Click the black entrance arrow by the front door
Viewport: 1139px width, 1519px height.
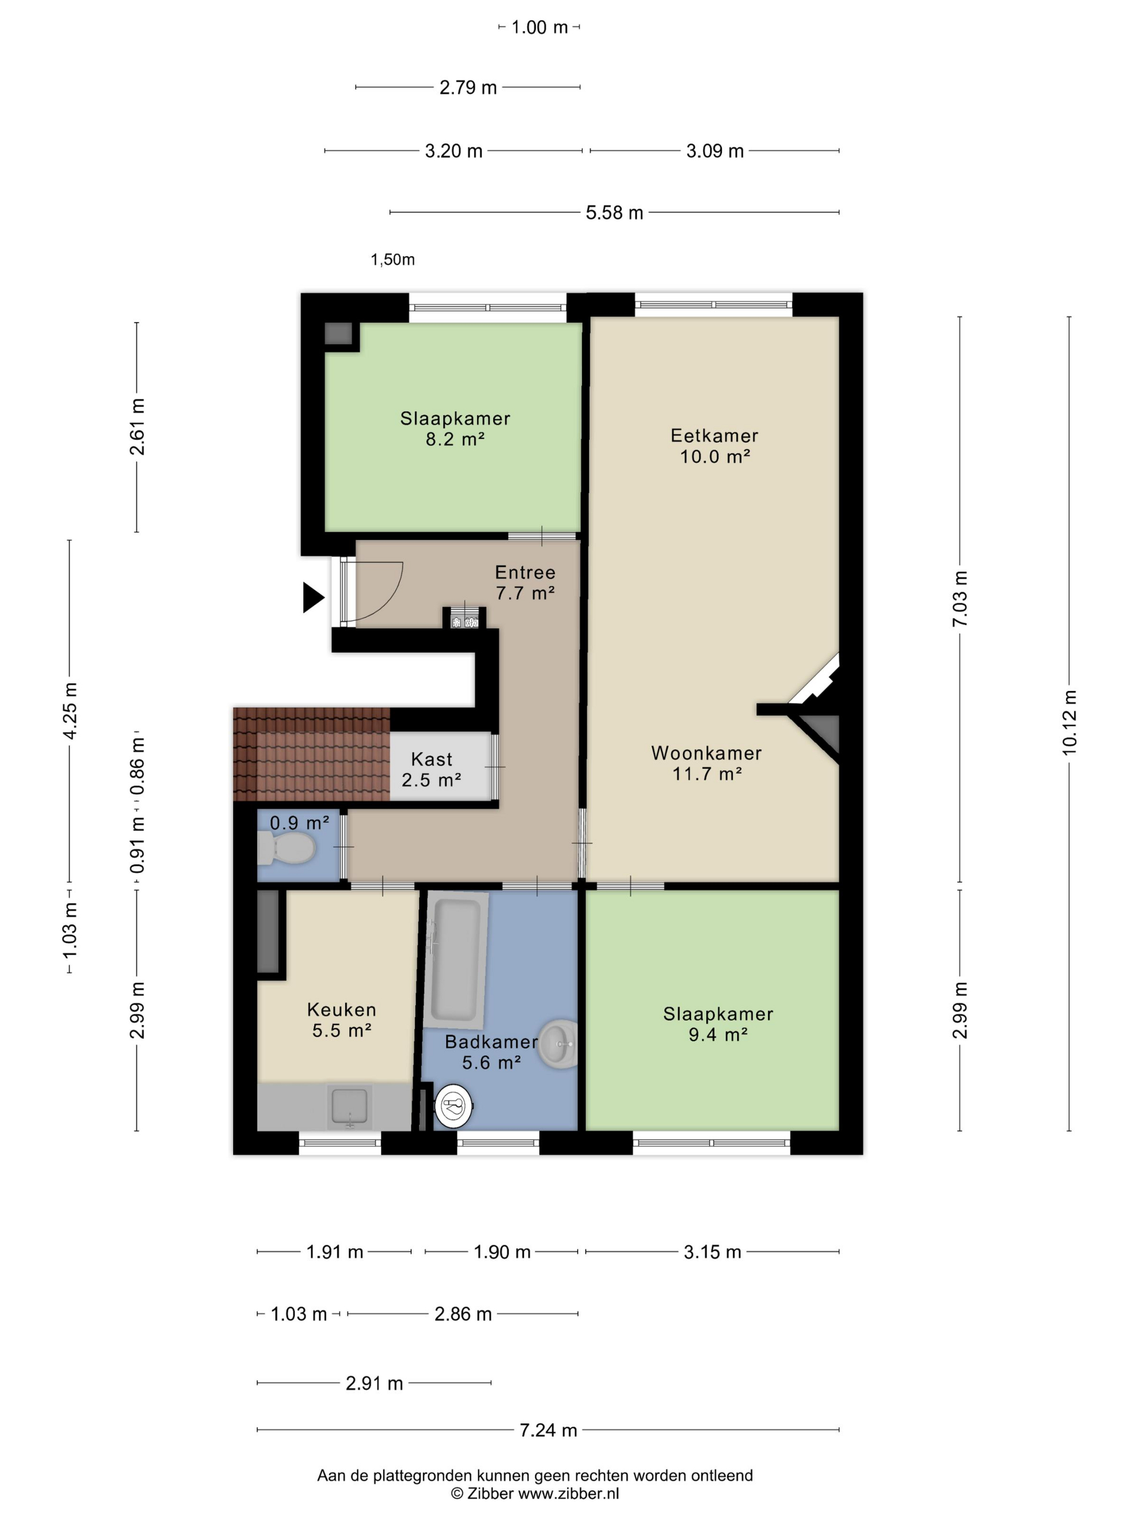[x=312, y=597]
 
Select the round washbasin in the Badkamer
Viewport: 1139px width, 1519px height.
[x=558, y=1044]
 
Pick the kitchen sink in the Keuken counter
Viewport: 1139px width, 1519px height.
[x=349, y=1106]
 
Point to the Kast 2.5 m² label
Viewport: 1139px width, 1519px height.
[x=431, y=769]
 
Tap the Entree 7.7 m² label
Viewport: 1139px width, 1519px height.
[x=525, y=582]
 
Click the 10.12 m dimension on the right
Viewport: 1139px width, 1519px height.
[x=1069, y=723]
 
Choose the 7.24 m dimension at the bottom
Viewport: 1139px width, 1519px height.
[x=548, y=1429]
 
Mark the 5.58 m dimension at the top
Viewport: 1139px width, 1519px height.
[x=614, y=213]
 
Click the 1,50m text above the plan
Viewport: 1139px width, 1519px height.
[x=393, y=259]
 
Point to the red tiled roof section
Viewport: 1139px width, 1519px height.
[x=311, y=754]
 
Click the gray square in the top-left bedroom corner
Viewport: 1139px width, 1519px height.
[x=338, y=334]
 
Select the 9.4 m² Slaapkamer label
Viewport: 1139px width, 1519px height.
[x=718, y=1024]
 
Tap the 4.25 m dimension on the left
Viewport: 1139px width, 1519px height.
[x=69, y=711]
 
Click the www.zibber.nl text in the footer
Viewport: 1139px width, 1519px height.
[x=568, y=1493]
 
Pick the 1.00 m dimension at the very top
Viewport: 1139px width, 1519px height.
[x=539, y=28]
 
